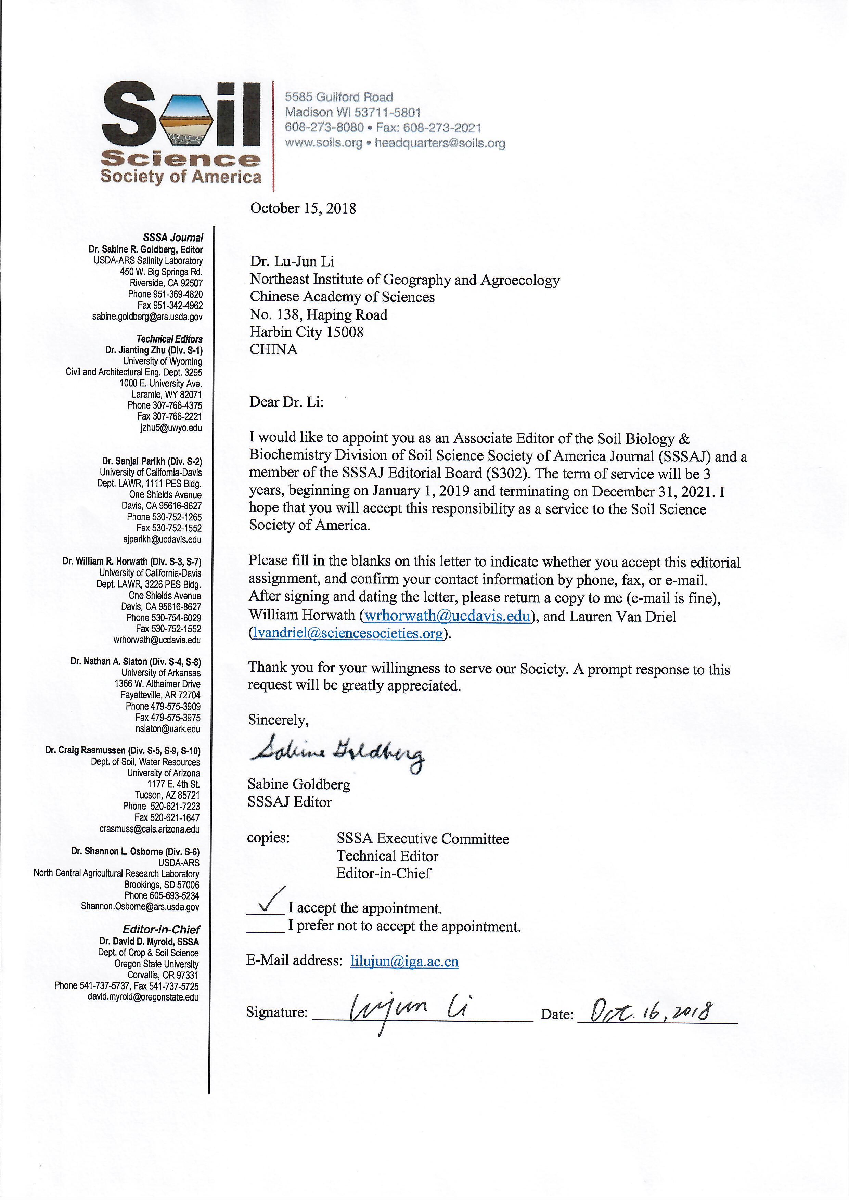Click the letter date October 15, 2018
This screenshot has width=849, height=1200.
click(x=303, y=208)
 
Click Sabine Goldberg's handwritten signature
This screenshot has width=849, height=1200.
click(x=337, y=751)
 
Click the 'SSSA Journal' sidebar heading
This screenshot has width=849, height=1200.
click(x=173, y=238)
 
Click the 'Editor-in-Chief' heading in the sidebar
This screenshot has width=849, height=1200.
click(x=161, y=929)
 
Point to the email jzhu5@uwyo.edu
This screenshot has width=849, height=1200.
click(x=171, y=427)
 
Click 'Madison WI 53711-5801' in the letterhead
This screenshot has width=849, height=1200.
click(x=352, y=112)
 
